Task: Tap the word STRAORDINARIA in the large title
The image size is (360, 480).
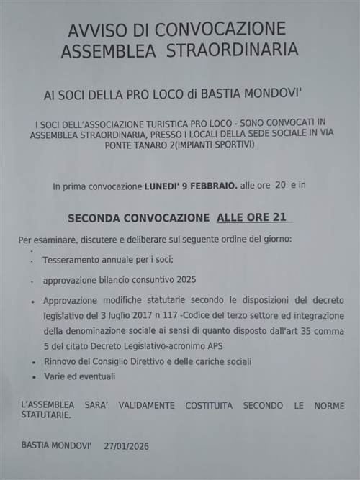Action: coord(232,50)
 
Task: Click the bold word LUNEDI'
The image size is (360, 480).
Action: coord(163,186)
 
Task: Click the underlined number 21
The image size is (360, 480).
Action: coord(284,217)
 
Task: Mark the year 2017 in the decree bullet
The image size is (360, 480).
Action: coord(163,315)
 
